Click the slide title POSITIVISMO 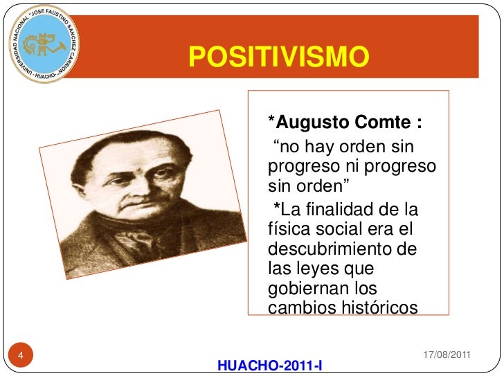[x=276, y=56]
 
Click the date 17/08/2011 [x=447, y=354]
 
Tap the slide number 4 [x=20, y=356]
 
